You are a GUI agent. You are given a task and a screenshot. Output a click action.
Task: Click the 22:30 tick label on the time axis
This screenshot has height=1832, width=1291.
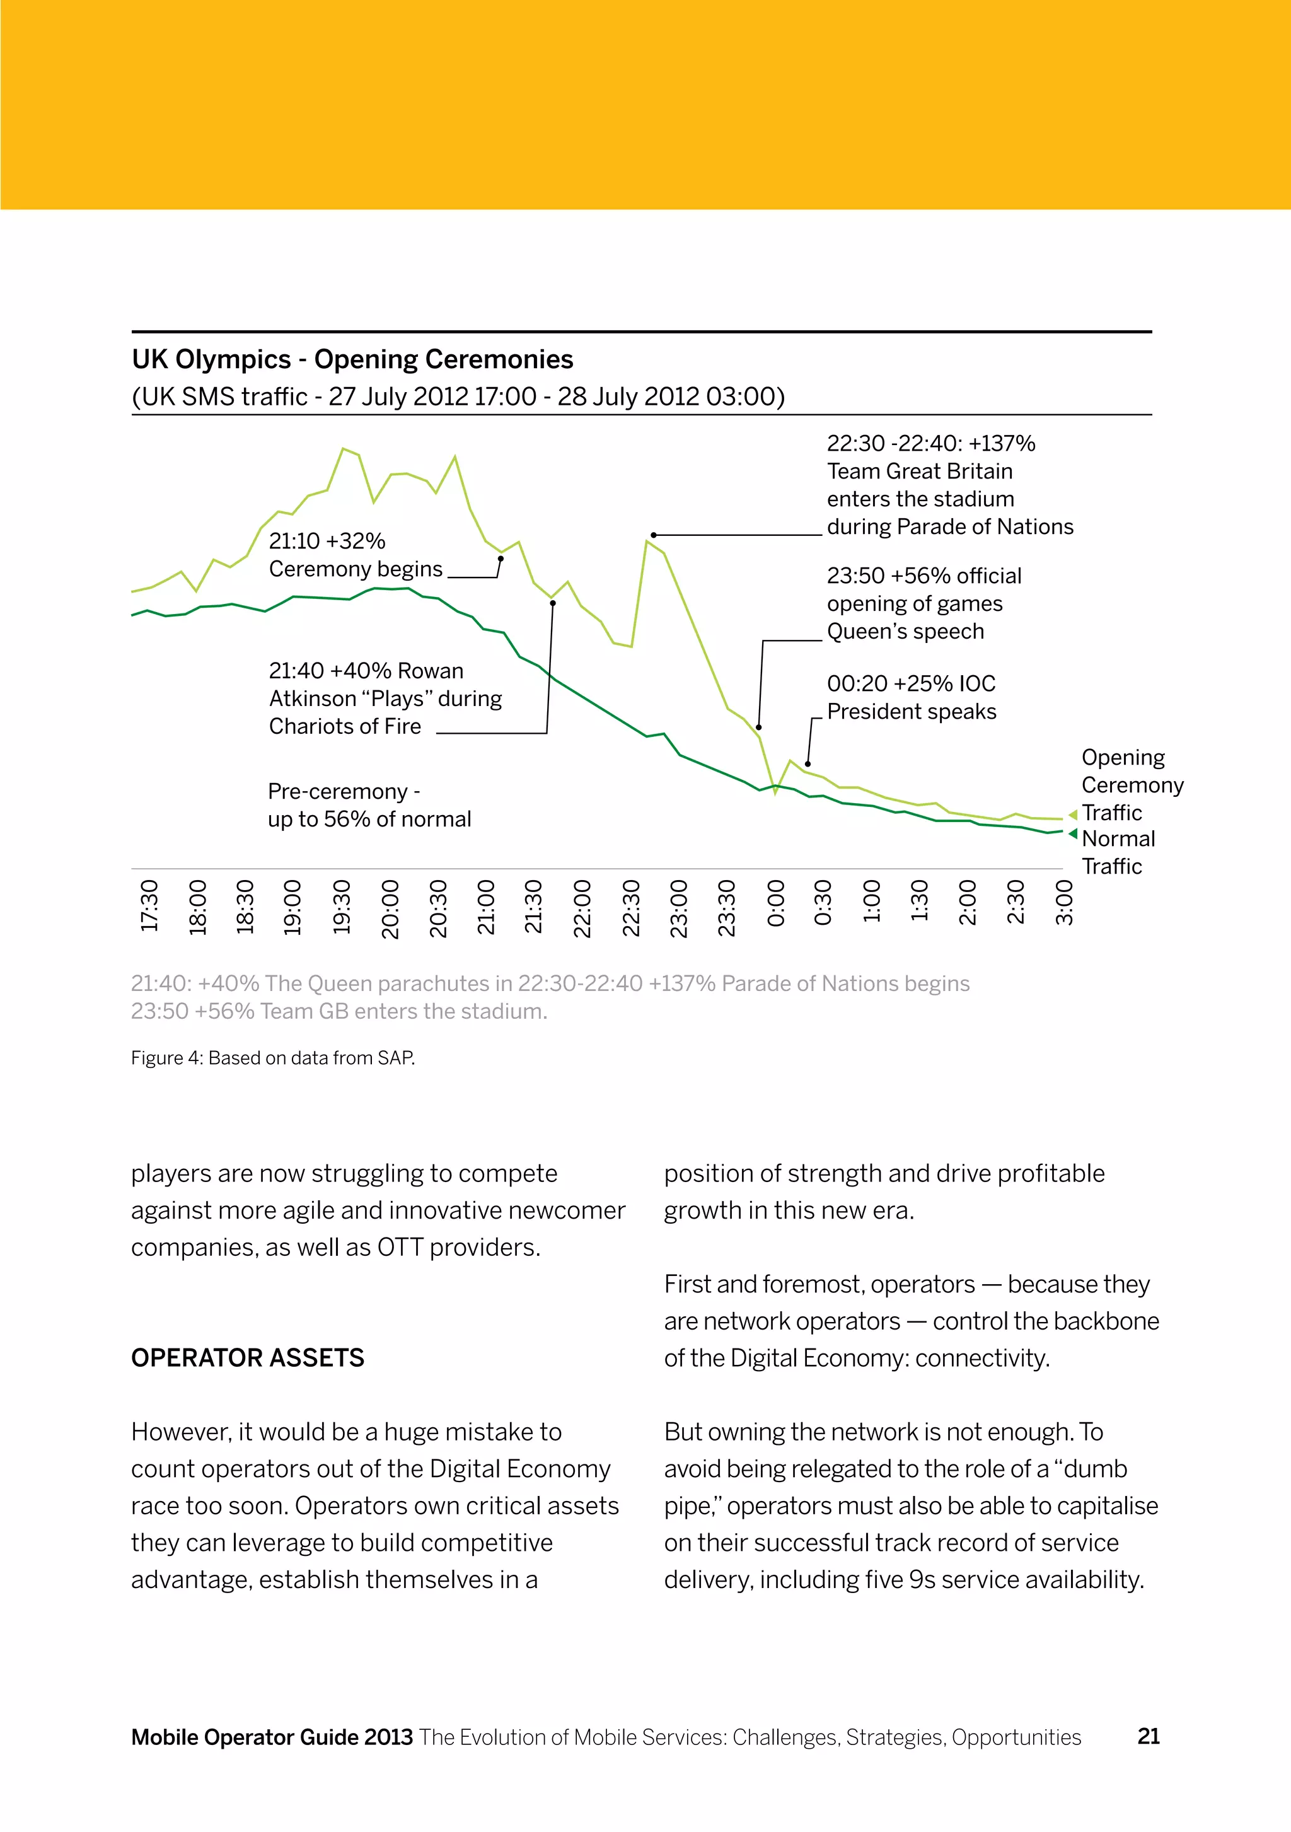tap(631, 908)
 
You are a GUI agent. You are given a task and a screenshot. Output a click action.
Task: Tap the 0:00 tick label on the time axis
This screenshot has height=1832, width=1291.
tap(775, 903)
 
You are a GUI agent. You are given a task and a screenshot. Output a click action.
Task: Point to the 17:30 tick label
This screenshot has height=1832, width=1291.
tap(149, 906)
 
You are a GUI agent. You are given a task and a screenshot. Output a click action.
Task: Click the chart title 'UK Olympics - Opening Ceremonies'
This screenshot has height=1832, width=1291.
tap(352, 360)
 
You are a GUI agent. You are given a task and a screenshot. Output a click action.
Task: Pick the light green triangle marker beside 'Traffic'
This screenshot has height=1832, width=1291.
tap(1072, 815)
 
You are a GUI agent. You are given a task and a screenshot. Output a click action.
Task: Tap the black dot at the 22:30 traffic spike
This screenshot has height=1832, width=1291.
tap(654, 535)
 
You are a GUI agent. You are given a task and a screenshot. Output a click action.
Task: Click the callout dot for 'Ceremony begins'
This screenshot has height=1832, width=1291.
tap(501, 559)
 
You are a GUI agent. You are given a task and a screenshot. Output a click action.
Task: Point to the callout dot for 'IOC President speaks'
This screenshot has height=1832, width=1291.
tap(808, 763)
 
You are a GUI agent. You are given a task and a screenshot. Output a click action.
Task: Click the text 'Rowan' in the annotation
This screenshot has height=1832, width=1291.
tap(430, 671)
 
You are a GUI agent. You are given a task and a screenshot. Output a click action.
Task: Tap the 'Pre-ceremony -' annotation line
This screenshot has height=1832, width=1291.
tap(344, 792)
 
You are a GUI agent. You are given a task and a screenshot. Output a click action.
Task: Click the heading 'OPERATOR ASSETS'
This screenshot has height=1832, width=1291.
tap(247, 1358)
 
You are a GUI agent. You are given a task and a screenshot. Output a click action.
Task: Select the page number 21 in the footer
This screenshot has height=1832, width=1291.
tap(1148, 1736)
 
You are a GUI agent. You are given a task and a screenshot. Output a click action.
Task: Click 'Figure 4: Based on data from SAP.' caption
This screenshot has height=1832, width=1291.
tap(273, 1058)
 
